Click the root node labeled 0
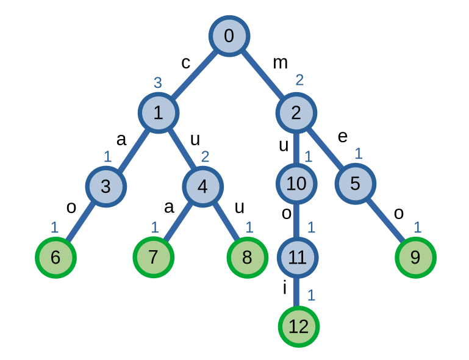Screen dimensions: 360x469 tap(229, 36)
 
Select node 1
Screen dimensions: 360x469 tap(158, 113)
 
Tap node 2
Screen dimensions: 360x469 tap(296, 113)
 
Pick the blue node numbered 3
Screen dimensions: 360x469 tap(106, 186)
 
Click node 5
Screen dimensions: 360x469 tap(355, 183)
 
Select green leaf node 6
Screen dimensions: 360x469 tap(55, 257)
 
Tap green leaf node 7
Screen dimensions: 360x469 tap(154, 257)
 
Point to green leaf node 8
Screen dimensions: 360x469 tap(247, 257)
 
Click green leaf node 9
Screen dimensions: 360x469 tap(415, 257)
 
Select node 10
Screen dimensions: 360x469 tap(296, 183)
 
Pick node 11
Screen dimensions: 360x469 tap(297, 257)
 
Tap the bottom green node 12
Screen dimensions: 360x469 tap(298, 327)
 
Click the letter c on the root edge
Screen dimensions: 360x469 tap(186, 63)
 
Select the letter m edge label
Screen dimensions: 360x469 tap(280, 62)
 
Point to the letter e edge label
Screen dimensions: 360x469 tap(342, 137)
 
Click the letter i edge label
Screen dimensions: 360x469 tap(284, 288)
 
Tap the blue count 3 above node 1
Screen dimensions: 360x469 tap(157, 82)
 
